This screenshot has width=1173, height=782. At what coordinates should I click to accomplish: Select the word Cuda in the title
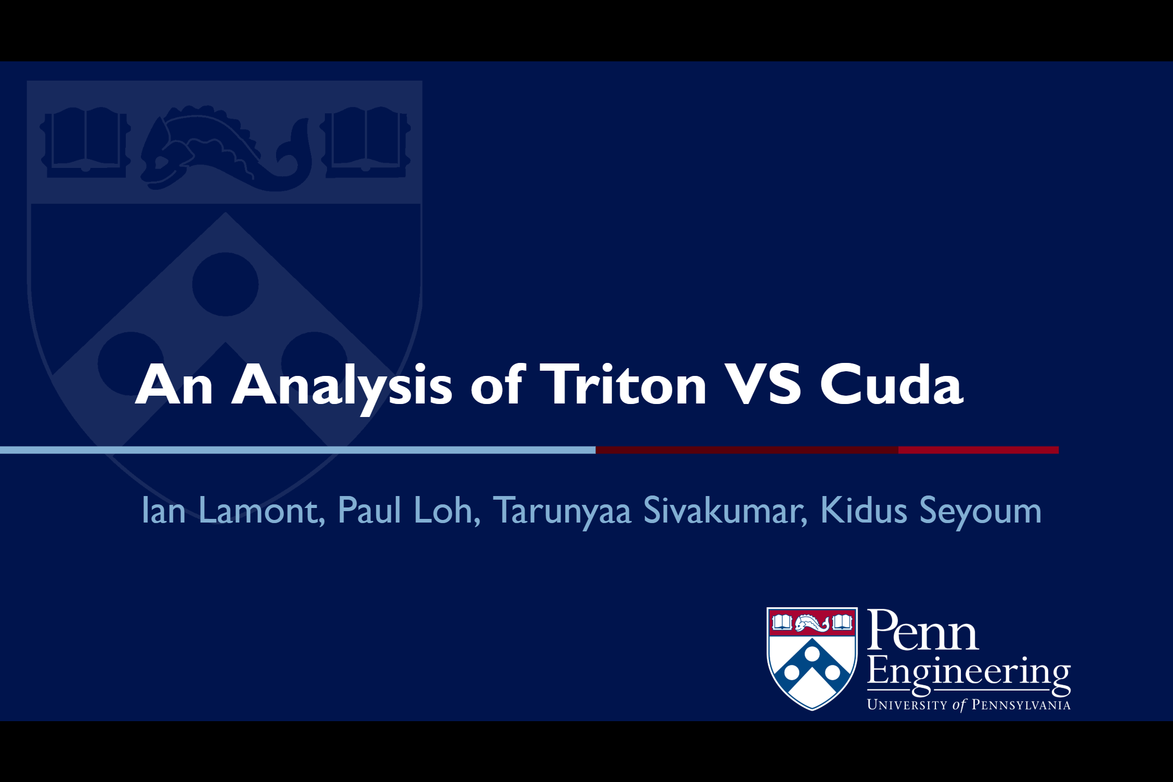(891, 385)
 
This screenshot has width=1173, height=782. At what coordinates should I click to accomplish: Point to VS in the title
(762, 385)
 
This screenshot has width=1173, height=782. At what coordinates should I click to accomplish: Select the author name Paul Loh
(409, 511)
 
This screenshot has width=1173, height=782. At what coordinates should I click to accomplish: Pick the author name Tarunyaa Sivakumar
(650, 511)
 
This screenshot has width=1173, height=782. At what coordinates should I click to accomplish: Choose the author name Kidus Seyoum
(931, 511)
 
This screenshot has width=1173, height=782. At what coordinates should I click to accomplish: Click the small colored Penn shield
(812, 658)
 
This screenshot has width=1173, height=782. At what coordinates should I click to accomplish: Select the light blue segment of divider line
(296, 450)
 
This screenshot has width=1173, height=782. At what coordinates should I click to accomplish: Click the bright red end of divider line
(978, 450)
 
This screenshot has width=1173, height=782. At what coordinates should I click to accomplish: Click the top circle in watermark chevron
(225, 284)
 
